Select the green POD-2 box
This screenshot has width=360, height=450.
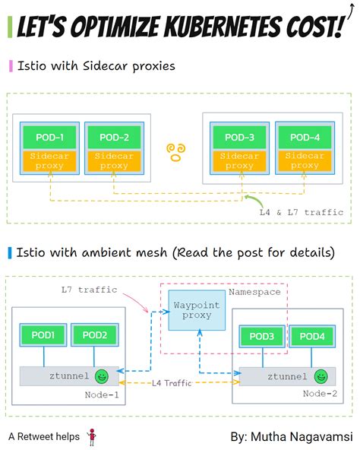tap(114, 138)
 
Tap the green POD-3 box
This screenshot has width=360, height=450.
tap(240, 138)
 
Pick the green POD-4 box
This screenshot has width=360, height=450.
tap(305, 138)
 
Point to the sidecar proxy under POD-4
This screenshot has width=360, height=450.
tap(305, 160)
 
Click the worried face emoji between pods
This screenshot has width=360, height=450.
tap(176, 150)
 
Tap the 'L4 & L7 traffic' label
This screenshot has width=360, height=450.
tap(302, 212)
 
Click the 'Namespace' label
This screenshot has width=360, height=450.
tap(254, 291)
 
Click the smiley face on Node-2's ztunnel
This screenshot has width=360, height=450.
tap(323, 376)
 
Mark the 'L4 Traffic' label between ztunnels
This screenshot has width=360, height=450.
tap(176, 384)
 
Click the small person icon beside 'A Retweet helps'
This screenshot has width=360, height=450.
tap(92, 436)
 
